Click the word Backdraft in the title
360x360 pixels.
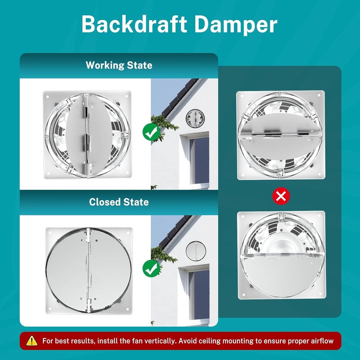(x=134, y=24)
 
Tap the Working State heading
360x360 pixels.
(x=119, y=65)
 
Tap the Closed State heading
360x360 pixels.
(x=119, y=202)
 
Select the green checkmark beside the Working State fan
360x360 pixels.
(x=151, y=132)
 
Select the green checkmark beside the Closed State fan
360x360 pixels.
(x=151, y=268)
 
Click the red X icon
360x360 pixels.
(x=281, y=196)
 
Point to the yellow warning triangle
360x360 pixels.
(x=32, y=341)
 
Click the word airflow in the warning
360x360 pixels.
(x=322, y=341)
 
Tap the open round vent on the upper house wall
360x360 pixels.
(x=195, y=118)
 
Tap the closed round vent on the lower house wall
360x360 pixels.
(x=196, y=251)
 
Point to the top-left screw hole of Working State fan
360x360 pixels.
(x=48, y=97)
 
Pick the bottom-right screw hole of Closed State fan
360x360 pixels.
(x=127, y=309)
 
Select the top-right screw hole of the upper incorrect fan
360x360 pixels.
(x=319, y=95)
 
